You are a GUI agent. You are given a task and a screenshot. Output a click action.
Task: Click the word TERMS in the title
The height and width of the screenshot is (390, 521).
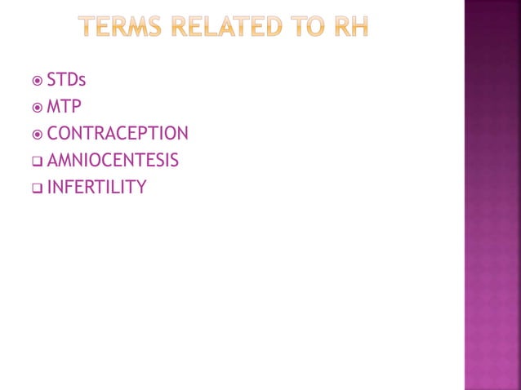(122, 29)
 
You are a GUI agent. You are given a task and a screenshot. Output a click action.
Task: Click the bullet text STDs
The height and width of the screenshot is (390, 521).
(66, 80)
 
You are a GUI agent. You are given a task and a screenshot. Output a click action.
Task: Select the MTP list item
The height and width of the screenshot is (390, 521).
(64, 107)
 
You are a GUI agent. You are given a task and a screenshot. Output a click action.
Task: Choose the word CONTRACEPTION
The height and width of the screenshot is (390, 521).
(118, 133)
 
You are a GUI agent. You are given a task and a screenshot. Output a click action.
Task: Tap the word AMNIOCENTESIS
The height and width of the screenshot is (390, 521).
(113, 160)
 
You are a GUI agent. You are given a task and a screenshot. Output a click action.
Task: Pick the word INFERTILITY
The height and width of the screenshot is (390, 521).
(96, 187)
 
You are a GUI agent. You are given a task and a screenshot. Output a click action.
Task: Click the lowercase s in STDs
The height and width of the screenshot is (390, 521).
(82, 82)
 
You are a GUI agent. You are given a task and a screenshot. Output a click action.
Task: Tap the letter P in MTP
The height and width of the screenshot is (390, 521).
(76, 107)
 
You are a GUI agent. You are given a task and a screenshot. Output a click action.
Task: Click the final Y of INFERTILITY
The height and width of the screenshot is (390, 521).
(141, 187)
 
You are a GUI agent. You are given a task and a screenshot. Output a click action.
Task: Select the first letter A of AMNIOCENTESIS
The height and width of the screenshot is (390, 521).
(53, 160)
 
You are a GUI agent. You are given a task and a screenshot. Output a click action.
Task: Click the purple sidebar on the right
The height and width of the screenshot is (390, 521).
(492, 195)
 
